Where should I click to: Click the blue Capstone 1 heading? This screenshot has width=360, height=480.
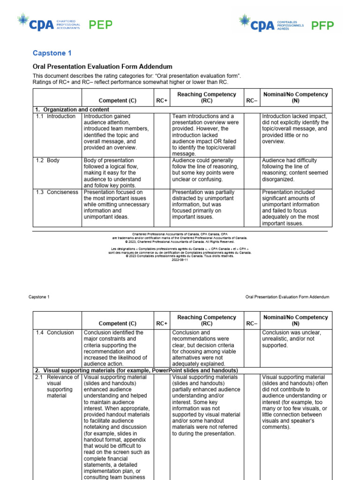(52, 53)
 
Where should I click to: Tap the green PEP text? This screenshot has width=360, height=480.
(102, 25)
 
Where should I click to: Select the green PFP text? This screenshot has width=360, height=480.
(323, 25)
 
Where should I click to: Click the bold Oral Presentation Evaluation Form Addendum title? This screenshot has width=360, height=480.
(102, 67)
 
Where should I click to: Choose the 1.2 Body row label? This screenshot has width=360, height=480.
(47, 160)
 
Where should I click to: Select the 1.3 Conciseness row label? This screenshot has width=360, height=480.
(56, 192)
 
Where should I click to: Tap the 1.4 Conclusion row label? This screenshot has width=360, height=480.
(54, 332)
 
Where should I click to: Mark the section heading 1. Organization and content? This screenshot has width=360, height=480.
(72, 109)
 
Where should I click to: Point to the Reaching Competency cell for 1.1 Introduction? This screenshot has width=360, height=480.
(206, 135)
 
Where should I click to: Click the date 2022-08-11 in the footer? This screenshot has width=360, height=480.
(180, 260)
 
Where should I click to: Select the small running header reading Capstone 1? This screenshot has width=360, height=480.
(39, 297)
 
